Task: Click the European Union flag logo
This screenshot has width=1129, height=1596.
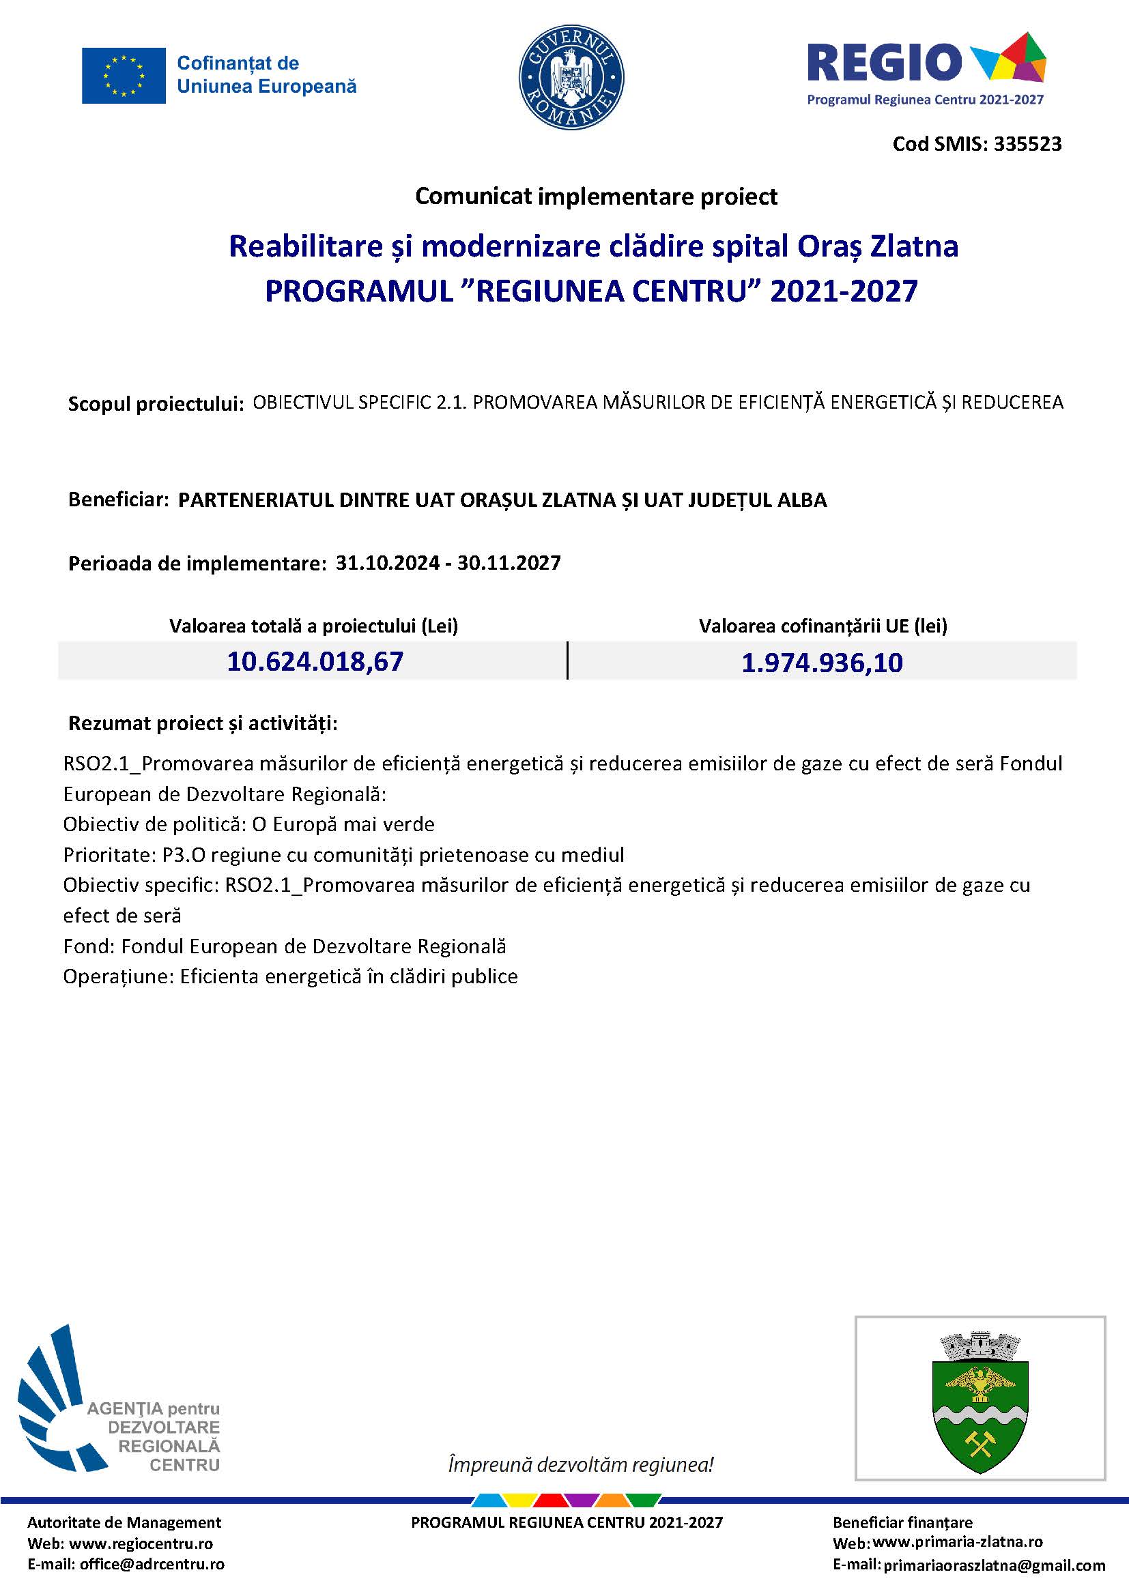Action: [124, 76]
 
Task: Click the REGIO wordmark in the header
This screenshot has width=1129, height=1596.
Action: [883, 63]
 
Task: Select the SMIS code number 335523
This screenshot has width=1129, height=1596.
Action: [1027, 144]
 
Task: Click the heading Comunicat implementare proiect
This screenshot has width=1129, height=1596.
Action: [596, 197]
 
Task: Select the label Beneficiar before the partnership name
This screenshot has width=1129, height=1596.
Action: [118, 499]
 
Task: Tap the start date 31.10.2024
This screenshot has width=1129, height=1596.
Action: [387, 562]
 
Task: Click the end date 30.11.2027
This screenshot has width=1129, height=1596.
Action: [509, 562]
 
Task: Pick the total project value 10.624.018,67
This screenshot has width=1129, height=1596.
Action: [315, 661]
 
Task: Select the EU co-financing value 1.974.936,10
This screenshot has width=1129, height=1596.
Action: [822, 663]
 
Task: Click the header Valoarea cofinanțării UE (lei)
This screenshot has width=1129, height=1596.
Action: [823, 626]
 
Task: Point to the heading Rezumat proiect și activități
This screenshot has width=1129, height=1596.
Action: [202, 723]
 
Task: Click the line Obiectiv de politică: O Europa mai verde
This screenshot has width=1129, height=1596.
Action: [249, 824]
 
